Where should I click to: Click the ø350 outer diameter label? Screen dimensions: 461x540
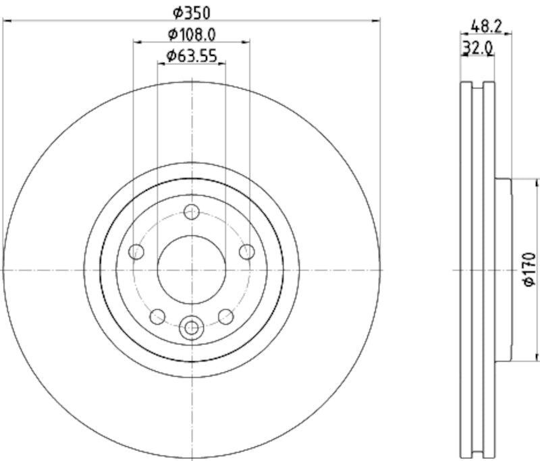pyautogui.click(x=192, y=11)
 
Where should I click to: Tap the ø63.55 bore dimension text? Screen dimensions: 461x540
pyautogui.click(x=192, y=56)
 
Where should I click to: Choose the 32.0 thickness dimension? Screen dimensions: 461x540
pyautogui.click(x=477, y=48)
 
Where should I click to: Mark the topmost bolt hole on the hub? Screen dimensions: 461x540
pyautogui.click(x=192, y=210)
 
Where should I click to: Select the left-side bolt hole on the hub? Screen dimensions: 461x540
pyautogui.click(x=137, y=252)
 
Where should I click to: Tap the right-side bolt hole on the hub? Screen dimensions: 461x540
pyautogui.click(x=247, y=252)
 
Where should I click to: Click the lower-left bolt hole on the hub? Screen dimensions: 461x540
pyautogui.click(x=158, y=316)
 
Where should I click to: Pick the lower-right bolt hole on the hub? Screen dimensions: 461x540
pyautogui.click(x=226, y=316)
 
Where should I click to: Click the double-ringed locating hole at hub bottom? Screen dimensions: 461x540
pyautogui.click(x=192, y=328)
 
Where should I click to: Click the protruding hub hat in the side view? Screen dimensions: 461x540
pyautogui.click(x=504, y=270)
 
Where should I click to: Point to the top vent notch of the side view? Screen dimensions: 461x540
pyautogui.click(x=478, y=86)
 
